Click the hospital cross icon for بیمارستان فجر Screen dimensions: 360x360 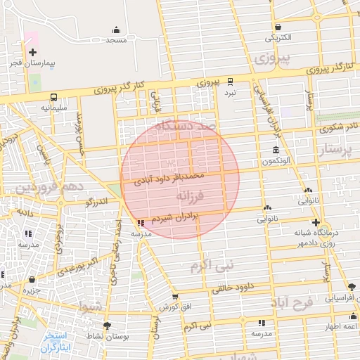32,52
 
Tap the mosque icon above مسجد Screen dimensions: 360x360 116,30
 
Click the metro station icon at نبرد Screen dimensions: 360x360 230,81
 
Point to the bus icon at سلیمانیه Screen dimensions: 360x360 53,97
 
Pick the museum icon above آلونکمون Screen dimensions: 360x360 275,150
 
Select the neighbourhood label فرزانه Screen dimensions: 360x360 190,194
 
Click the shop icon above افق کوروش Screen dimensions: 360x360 174,297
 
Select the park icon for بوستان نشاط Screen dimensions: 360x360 107,326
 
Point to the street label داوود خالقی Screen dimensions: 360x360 231,288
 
